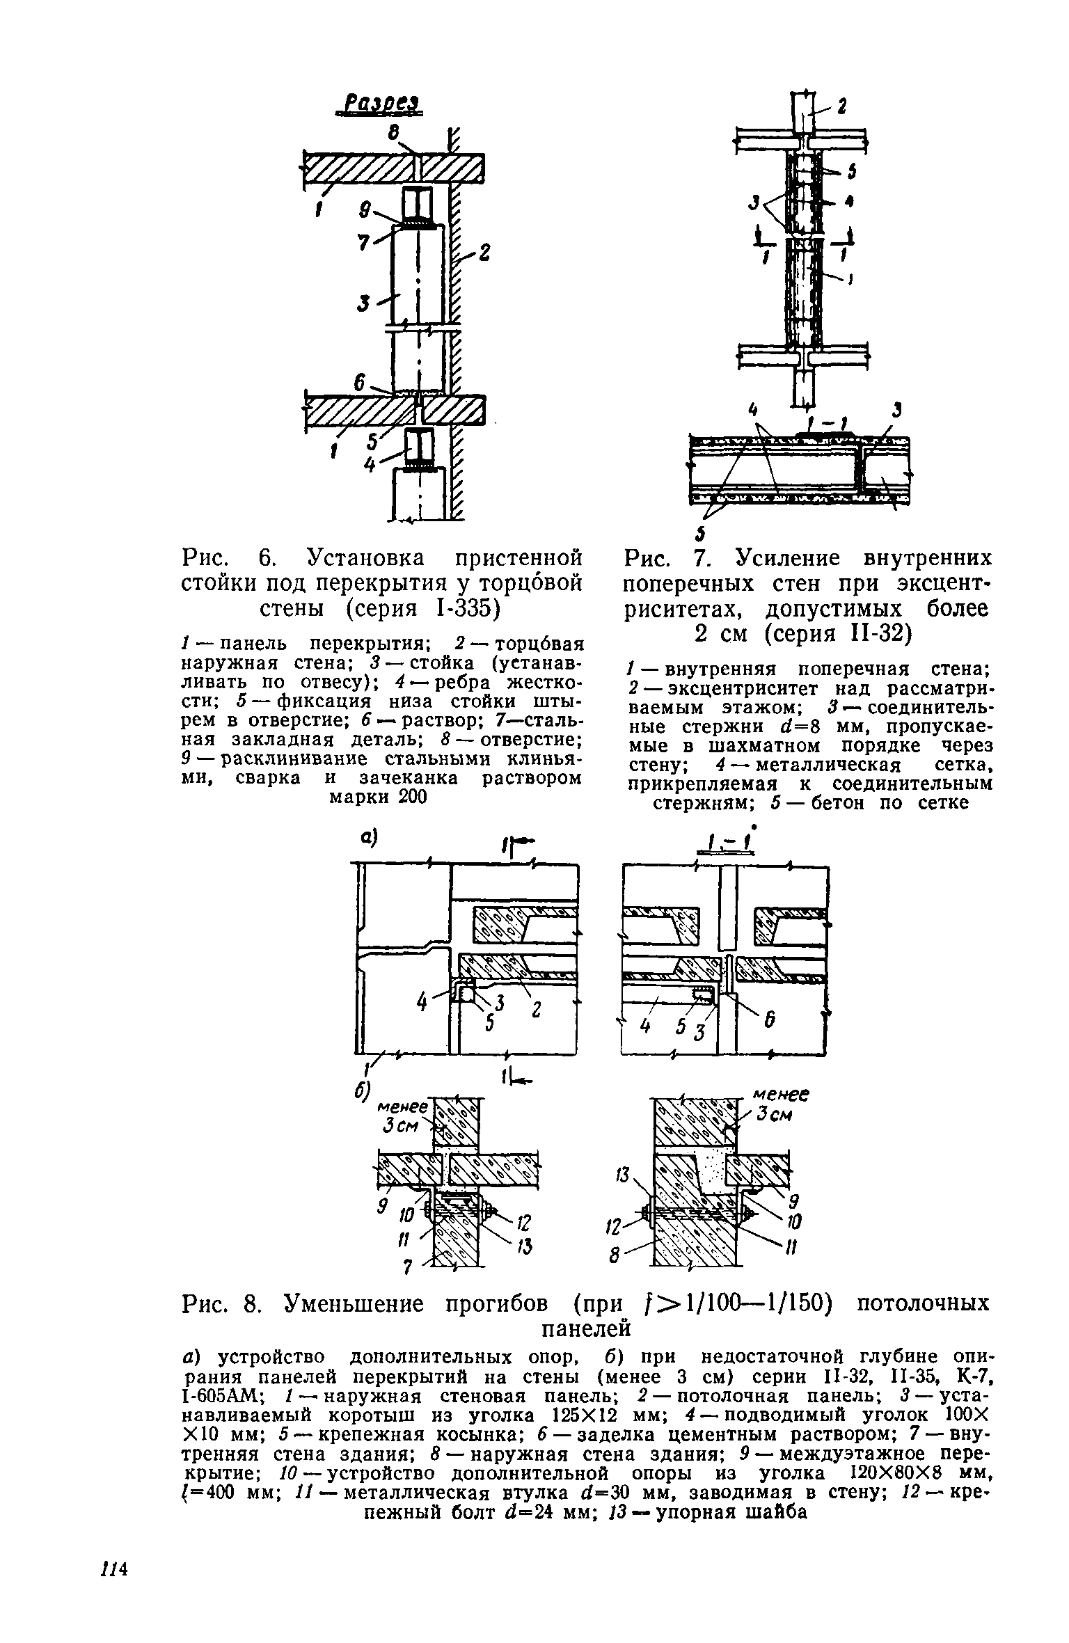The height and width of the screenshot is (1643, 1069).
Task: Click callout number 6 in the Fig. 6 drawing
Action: point(360,383)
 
